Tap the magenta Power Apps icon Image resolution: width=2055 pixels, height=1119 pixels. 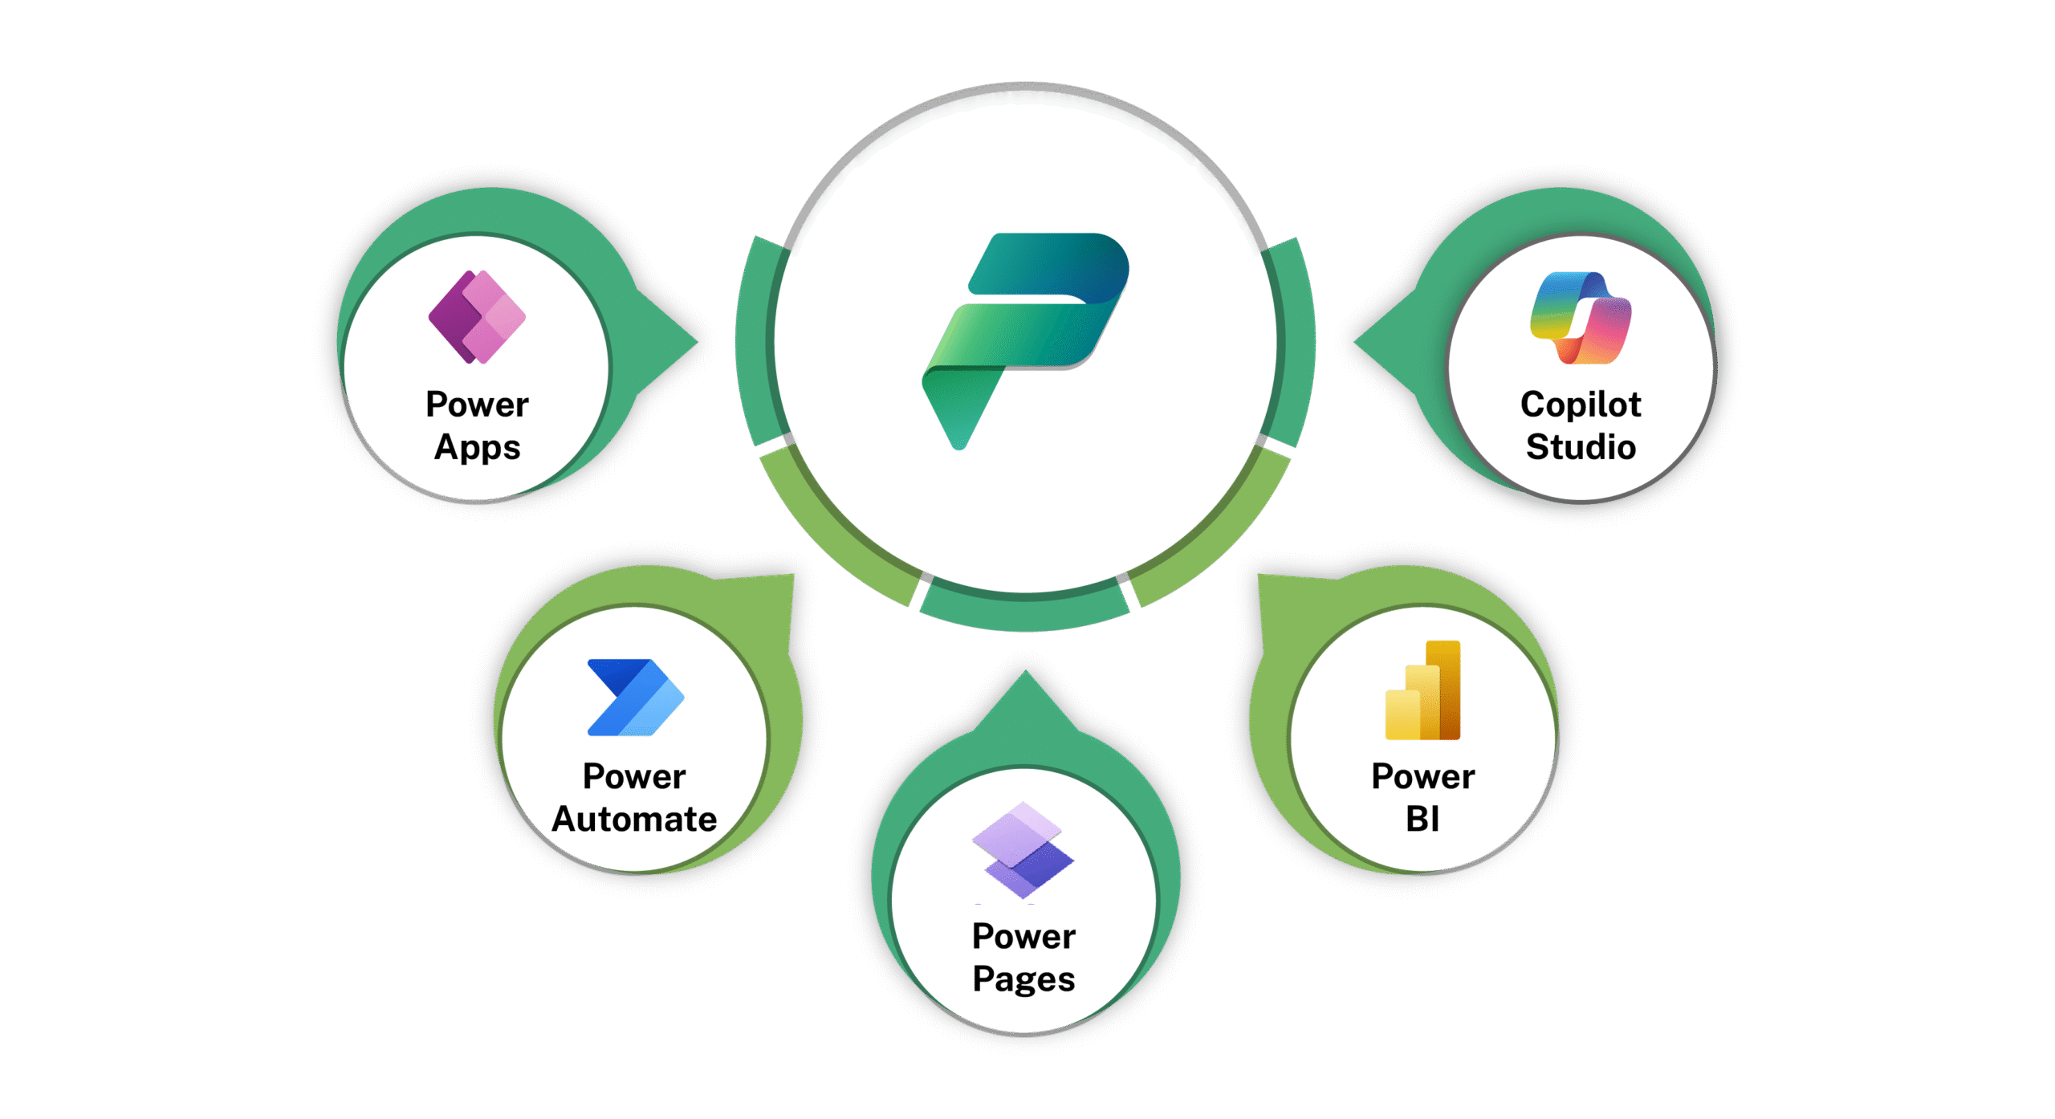point(477,317)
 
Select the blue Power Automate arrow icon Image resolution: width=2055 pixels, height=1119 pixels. point(635,697)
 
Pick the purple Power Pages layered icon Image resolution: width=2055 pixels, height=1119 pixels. point(1023,850)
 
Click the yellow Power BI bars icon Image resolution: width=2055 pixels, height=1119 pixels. point(1422,690)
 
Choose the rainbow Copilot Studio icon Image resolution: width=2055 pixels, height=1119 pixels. point(1581,318)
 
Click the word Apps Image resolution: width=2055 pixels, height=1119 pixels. point(477,447)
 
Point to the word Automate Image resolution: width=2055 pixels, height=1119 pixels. point(634,820)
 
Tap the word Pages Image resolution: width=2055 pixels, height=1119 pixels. point(1023,979)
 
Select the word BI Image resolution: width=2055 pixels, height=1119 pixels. point(1422,820)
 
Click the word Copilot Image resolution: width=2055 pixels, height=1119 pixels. point(1581,405)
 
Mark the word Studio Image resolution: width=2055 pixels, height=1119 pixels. point(1581,447)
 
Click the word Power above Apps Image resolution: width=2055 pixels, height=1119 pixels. point(477,405)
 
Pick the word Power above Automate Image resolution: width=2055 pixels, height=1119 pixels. point(634,777)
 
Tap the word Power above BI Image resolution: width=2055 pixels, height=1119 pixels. point(1422,777)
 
